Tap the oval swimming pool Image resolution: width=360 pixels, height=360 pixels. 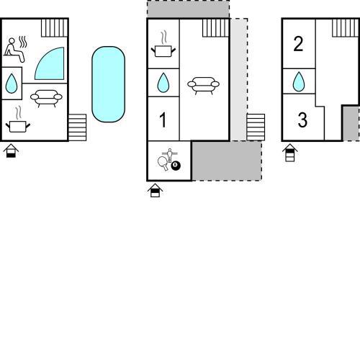(x=108, y=84)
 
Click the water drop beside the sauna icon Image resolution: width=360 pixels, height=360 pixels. (x=12, y=84)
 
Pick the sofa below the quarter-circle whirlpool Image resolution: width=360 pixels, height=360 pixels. (x=46, y=98)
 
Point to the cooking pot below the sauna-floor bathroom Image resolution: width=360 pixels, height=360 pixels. (x=18, y=120)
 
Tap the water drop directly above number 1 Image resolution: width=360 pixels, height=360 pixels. (x=163, y=83)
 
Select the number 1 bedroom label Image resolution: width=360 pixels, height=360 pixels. (x=163, y=120)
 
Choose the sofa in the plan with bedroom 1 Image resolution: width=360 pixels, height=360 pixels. (x=203, y=85)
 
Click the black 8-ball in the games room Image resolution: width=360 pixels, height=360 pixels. (x=176, y=166)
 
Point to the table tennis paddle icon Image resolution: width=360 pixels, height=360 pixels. (x=163, y=163)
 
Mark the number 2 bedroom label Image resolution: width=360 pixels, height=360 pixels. (x=298, y=44)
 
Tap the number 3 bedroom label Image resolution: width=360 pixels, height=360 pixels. (x=302, y=120)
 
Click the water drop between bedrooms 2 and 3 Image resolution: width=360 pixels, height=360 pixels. (x=299, y=81)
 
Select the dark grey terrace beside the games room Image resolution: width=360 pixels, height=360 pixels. (x=226, y=161)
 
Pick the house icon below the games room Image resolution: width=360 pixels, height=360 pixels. (x=155, y=190)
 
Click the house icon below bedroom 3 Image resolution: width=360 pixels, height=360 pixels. (x=290, y=153)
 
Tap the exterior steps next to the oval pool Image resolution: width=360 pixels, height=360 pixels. (x=77, y=127)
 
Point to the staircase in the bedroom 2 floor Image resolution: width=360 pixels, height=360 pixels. (x=346, y=27)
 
